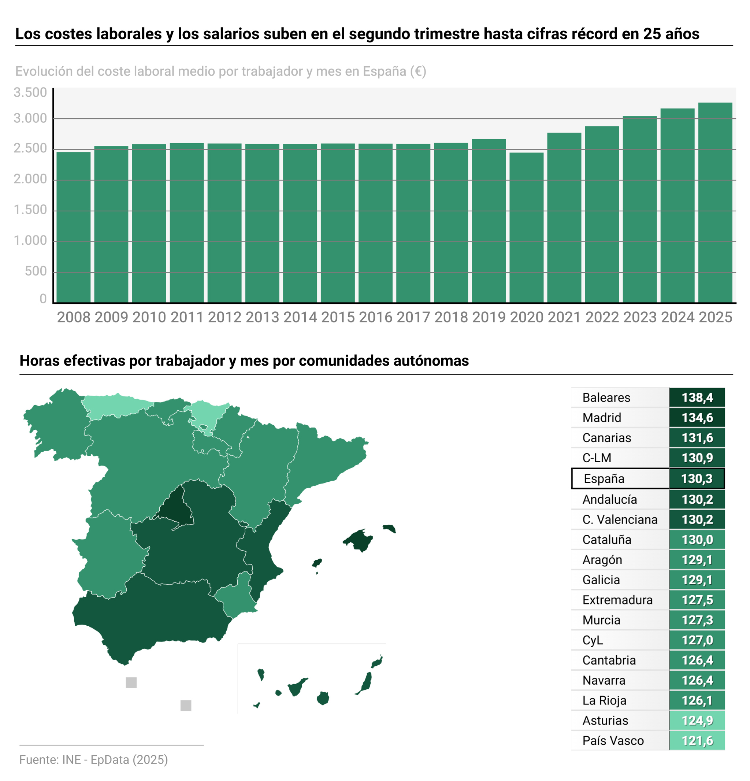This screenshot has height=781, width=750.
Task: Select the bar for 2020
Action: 526,227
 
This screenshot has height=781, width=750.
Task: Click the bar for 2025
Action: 715,203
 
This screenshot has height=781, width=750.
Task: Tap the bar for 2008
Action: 73,227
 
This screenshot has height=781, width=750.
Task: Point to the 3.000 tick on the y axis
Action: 30,118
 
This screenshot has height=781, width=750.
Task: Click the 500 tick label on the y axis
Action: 36,271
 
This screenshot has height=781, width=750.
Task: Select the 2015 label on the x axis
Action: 338,318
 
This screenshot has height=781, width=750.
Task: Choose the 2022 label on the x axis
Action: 602,318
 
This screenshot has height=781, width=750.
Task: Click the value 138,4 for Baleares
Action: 697,398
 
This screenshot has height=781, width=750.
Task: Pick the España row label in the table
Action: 604,478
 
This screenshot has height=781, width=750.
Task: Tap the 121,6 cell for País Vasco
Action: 697,741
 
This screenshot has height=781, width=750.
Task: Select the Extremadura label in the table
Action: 617,600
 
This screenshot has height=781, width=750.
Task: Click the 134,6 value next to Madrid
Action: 697,418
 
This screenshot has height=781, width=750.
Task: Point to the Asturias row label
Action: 605,721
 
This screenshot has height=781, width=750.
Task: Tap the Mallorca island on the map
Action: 359,540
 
